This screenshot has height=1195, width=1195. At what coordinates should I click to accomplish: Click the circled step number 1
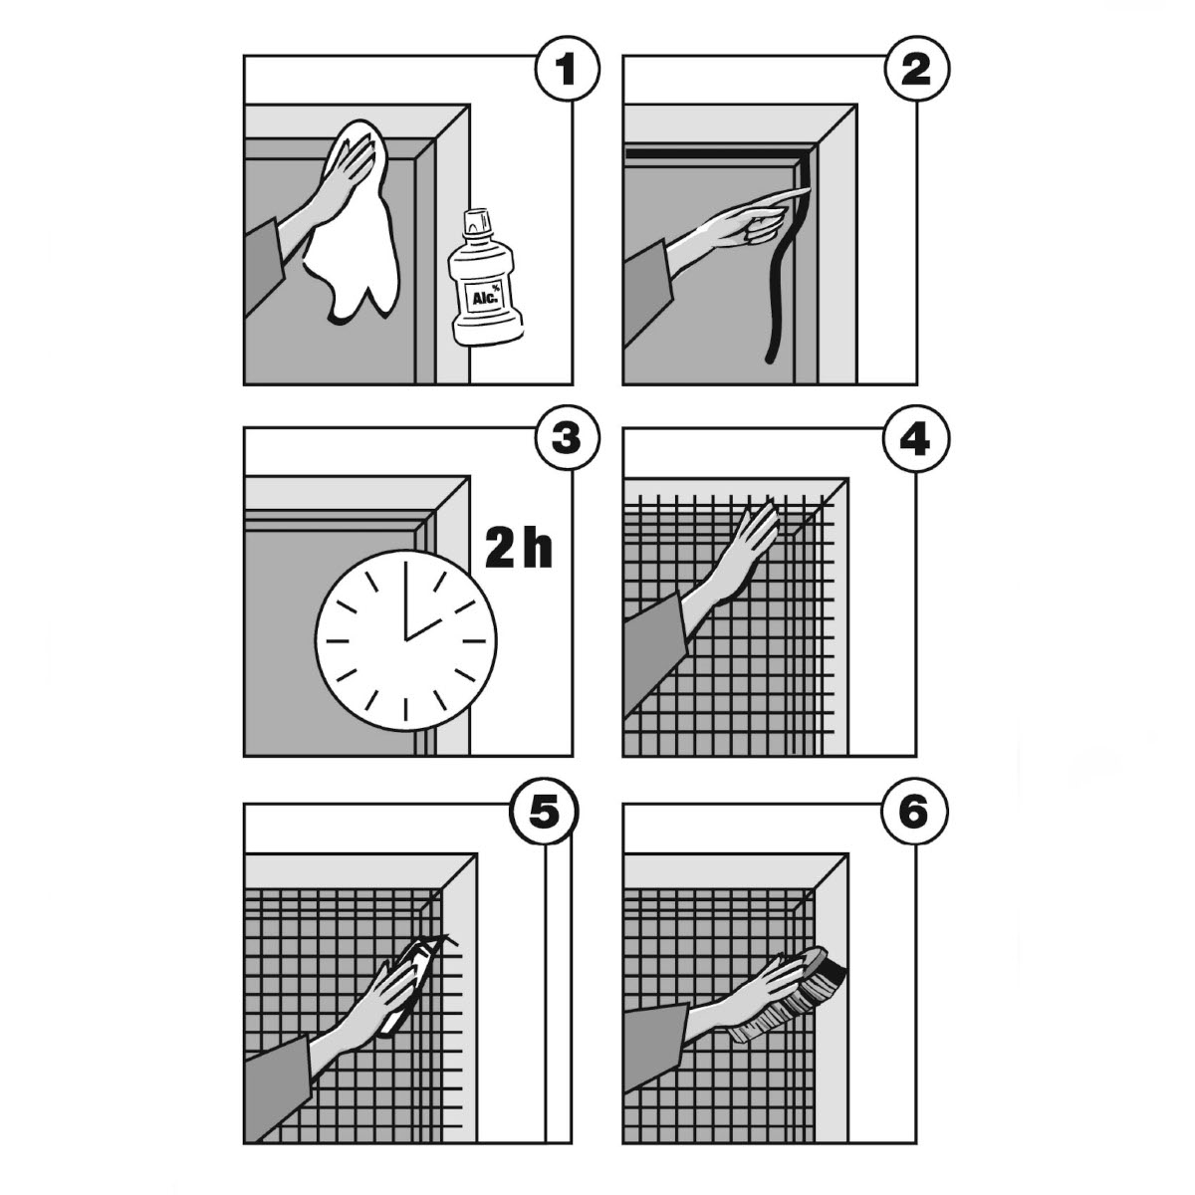click(x=568, y=70)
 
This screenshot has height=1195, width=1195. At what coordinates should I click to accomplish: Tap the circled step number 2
click(x=916, y=70)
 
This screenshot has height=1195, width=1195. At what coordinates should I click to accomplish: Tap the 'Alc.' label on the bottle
click(x=485, y=300)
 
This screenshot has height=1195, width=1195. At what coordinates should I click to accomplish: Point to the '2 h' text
click(x=519, y=549)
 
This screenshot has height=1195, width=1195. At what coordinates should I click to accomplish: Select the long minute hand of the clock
click(x=406, y=600)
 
